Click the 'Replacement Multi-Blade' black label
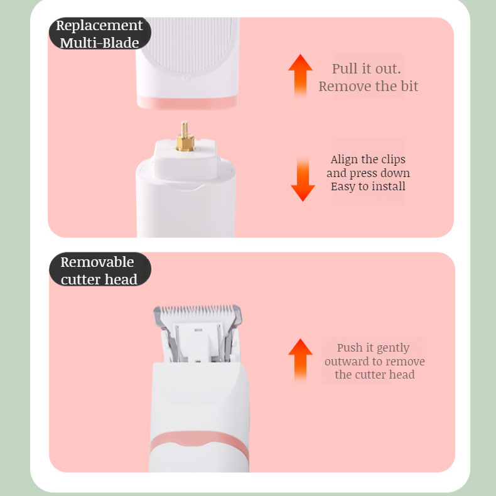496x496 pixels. pyautogui.click(x=100, y=33)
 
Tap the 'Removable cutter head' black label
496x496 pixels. pyautogui.click(x=100, y=269)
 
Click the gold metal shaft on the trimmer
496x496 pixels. pyautogui.click(x=185, y=136)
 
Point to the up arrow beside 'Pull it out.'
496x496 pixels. pyautogui.click(x=300, y=77)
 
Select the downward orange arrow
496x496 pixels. pyautogui.click(x=303, y=179)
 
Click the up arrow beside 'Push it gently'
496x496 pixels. pyautogui.click(x=300, y=360)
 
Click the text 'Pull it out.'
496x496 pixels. pyautogui.click(x=366, y=68)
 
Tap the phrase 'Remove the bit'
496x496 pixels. pyautogui.click(x=368, y=86)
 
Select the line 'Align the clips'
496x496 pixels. pyautogui.click(x=368, y=159)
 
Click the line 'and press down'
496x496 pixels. pyautogui.click(x=368, y=173)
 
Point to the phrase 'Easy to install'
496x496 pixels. pyautogui.click(x=368, y=186)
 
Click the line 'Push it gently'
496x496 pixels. pyautogui.click(x=374, y=348)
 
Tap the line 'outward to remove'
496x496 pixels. pyautogui.click(x=375, y=361)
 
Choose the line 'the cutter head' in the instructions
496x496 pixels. pyautogui.click(x=375, y=375)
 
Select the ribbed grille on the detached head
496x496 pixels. pyautogui.click(x=189, y=45)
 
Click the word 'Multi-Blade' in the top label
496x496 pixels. pyautogui.click(x=100, y=43)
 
